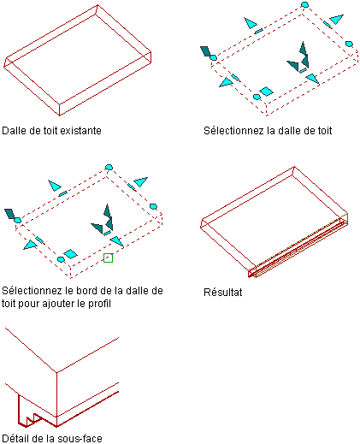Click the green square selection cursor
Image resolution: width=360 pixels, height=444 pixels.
108,258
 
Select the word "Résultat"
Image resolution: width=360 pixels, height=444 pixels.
223,293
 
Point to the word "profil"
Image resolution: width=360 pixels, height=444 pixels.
99,303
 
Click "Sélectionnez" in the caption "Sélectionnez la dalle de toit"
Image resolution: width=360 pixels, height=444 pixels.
233,131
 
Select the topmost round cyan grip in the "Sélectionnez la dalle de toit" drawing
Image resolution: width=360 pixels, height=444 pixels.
304,4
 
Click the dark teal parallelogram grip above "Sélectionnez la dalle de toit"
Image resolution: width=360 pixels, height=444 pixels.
205,51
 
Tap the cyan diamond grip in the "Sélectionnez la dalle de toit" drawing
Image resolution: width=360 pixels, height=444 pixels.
267,92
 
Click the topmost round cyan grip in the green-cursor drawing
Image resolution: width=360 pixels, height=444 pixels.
109,167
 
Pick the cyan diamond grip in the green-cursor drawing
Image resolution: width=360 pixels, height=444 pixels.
70,254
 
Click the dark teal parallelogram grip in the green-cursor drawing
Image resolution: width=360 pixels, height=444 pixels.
9,214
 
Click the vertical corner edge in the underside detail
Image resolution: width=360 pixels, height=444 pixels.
56,399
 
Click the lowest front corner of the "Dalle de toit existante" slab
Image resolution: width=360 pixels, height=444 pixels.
59,115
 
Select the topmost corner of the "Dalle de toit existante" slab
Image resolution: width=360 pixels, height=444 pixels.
97,4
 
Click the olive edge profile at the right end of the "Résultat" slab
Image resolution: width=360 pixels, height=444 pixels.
345,219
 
